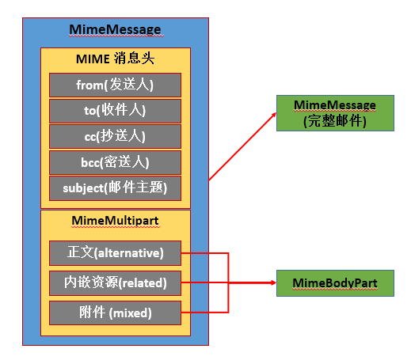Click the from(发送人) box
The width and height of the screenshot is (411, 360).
pos(115,85)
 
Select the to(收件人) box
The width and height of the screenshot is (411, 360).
pos(115,110)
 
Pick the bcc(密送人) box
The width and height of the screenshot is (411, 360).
pos(115,161)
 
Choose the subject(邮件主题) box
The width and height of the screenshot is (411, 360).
pos(115,188)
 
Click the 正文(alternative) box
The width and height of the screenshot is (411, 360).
pos(115,254)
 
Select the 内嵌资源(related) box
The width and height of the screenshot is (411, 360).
pos(115,282)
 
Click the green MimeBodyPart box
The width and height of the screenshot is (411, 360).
pos(333,282)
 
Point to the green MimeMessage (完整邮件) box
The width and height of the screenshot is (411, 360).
pos(333,112)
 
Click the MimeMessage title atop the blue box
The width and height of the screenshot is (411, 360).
pos(116,30)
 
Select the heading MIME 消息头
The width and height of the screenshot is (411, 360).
pos(115,59)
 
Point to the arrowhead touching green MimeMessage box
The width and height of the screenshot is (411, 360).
pos(272,116)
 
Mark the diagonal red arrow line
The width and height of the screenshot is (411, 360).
pos(241,148)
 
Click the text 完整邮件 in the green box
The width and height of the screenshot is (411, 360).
pos(333,119)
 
